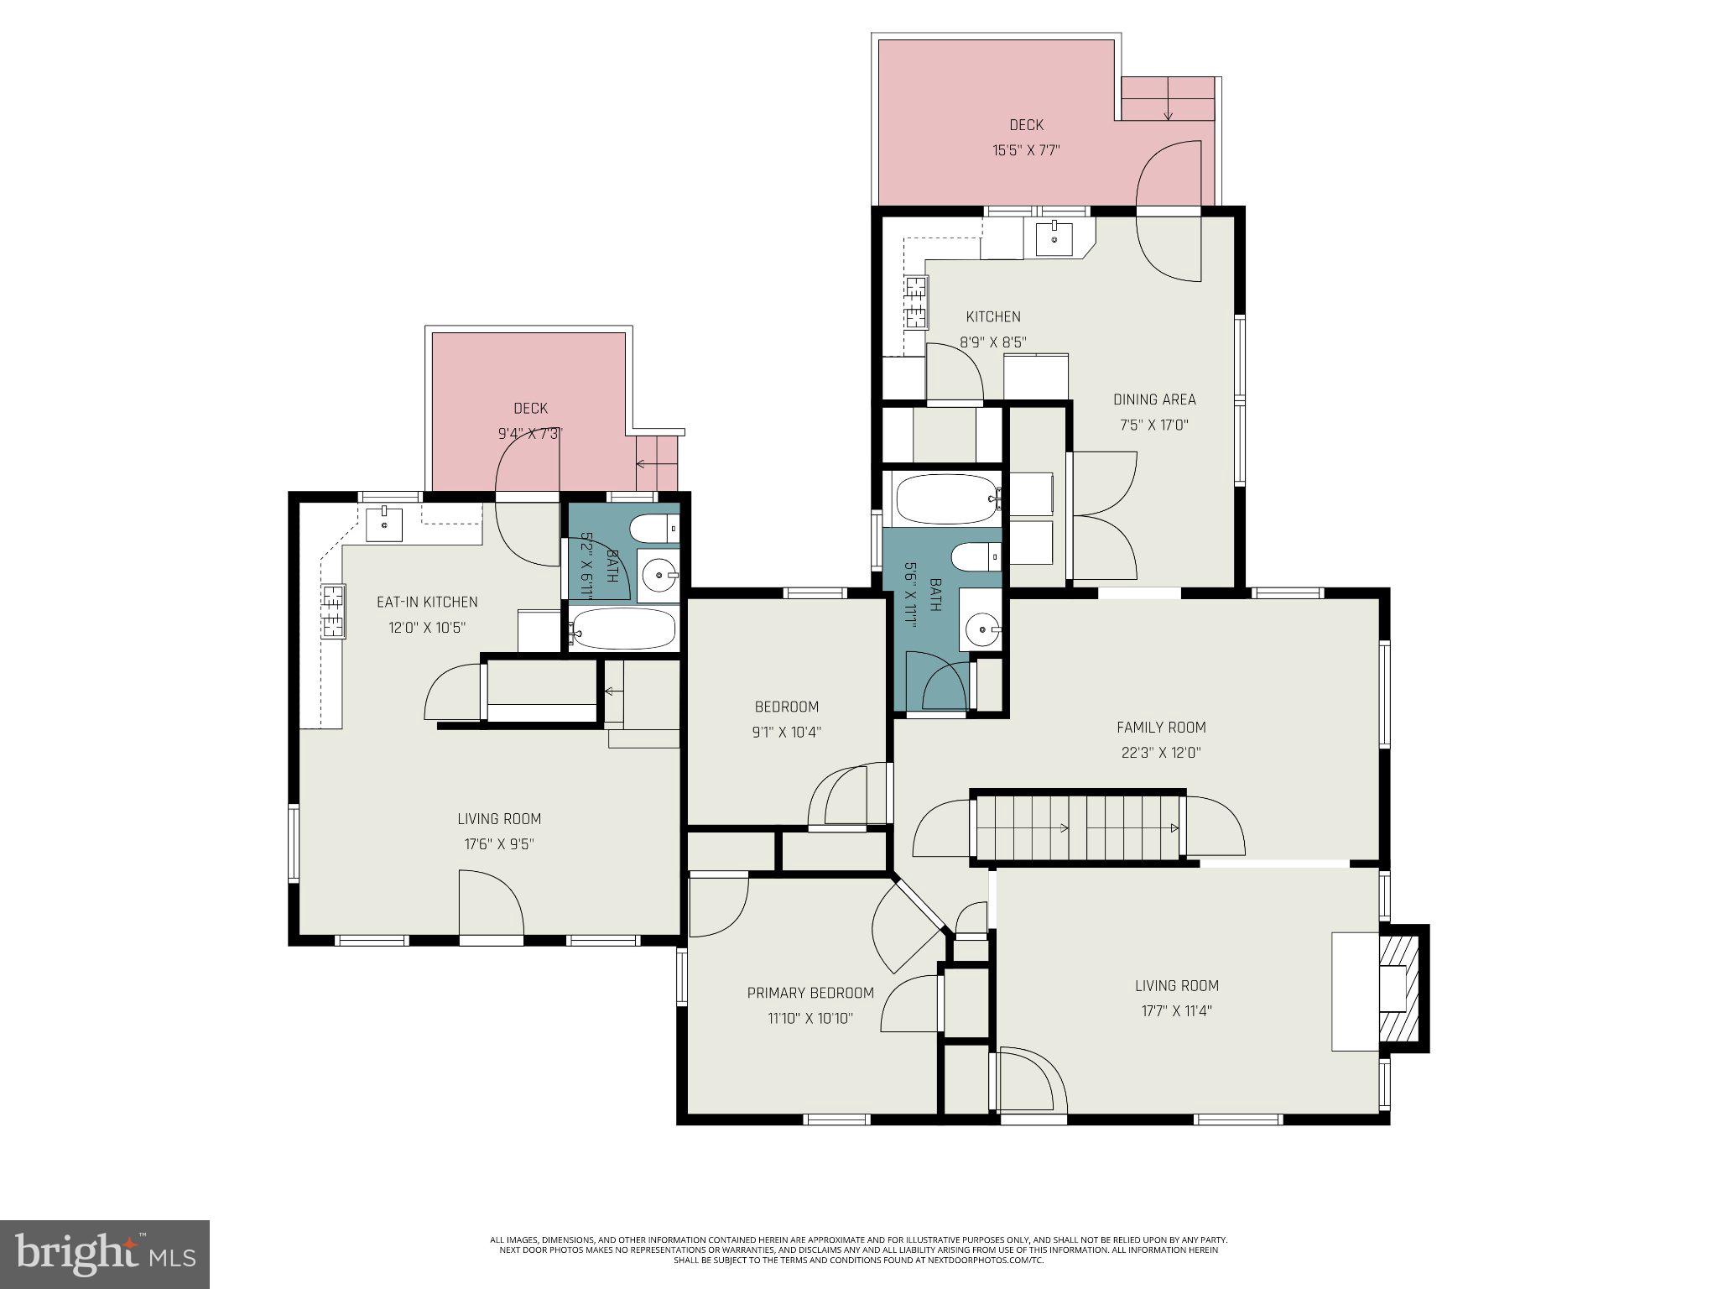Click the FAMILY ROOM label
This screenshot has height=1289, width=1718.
1161,728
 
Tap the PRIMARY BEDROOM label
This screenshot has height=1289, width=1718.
810,993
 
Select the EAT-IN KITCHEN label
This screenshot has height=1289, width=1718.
427,602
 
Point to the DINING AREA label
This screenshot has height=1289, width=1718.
1154,399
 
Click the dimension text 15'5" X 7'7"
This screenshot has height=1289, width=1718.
1027,151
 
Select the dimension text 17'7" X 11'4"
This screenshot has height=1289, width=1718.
1177,1011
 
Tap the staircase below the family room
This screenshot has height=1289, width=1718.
1078,827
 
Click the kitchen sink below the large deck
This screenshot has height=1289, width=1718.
1053,238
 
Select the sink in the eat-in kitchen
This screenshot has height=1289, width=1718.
384,524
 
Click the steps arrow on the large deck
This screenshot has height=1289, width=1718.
1169,107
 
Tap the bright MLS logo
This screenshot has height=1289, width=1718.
105,1254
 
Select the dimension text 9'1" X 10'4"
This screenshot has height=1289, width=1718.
786,732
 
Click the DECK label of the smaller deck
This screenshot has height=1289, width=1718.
530,409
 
